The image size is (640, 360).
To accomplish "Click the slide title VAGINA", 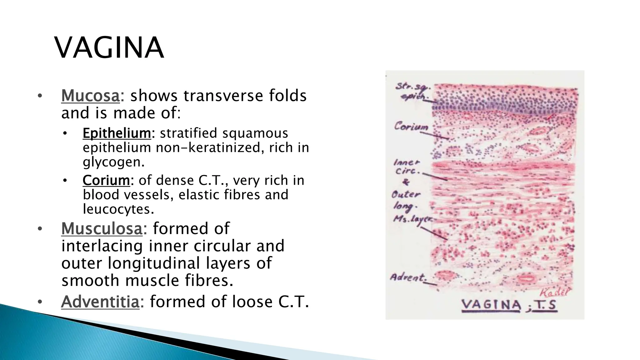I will click(109, 48).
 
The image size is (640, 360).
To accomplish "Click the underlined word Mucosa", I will click(90, 96).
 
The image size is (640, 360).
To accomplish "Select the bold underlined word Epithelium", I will click(117, 133).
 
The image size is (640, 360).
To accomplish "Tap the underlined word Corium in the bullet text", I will click(106, 180).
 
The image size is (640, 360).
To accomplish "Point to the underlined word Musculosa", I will click(102, 228).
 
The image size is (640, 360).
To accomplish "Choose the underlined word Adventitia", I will click(100, 302).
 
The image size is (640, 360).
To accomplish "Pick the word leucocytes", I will click(118, 209).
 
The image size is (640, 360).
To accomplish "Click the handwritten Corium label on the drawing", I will click(411, 127).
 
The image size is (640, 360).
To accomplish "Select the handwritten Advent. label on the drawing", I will click(408, 277).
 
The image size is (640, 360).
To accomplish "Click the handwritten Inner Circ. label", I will click(407, 167).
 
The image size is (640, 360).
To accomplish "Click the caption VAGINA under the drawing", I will click(491, 305).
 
